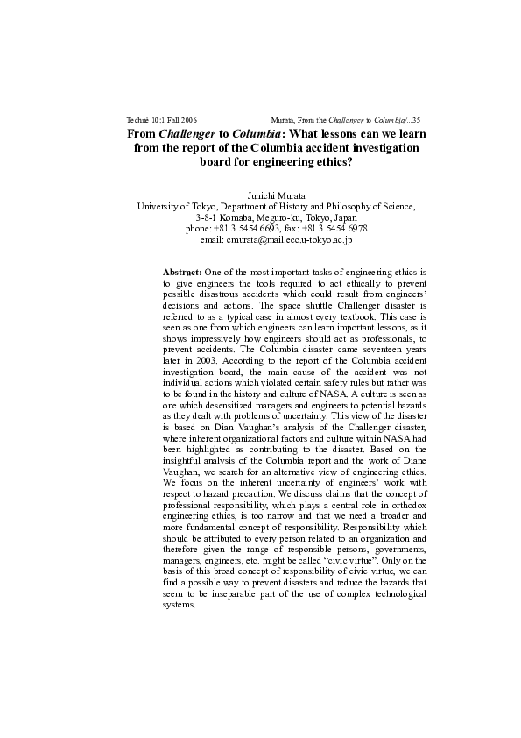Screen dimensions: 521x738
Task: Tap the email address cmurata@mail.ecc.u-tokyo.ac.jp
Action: coord(277,239)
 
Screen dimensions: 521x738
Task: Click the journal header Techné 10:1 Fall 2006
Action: coord(163,119)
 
